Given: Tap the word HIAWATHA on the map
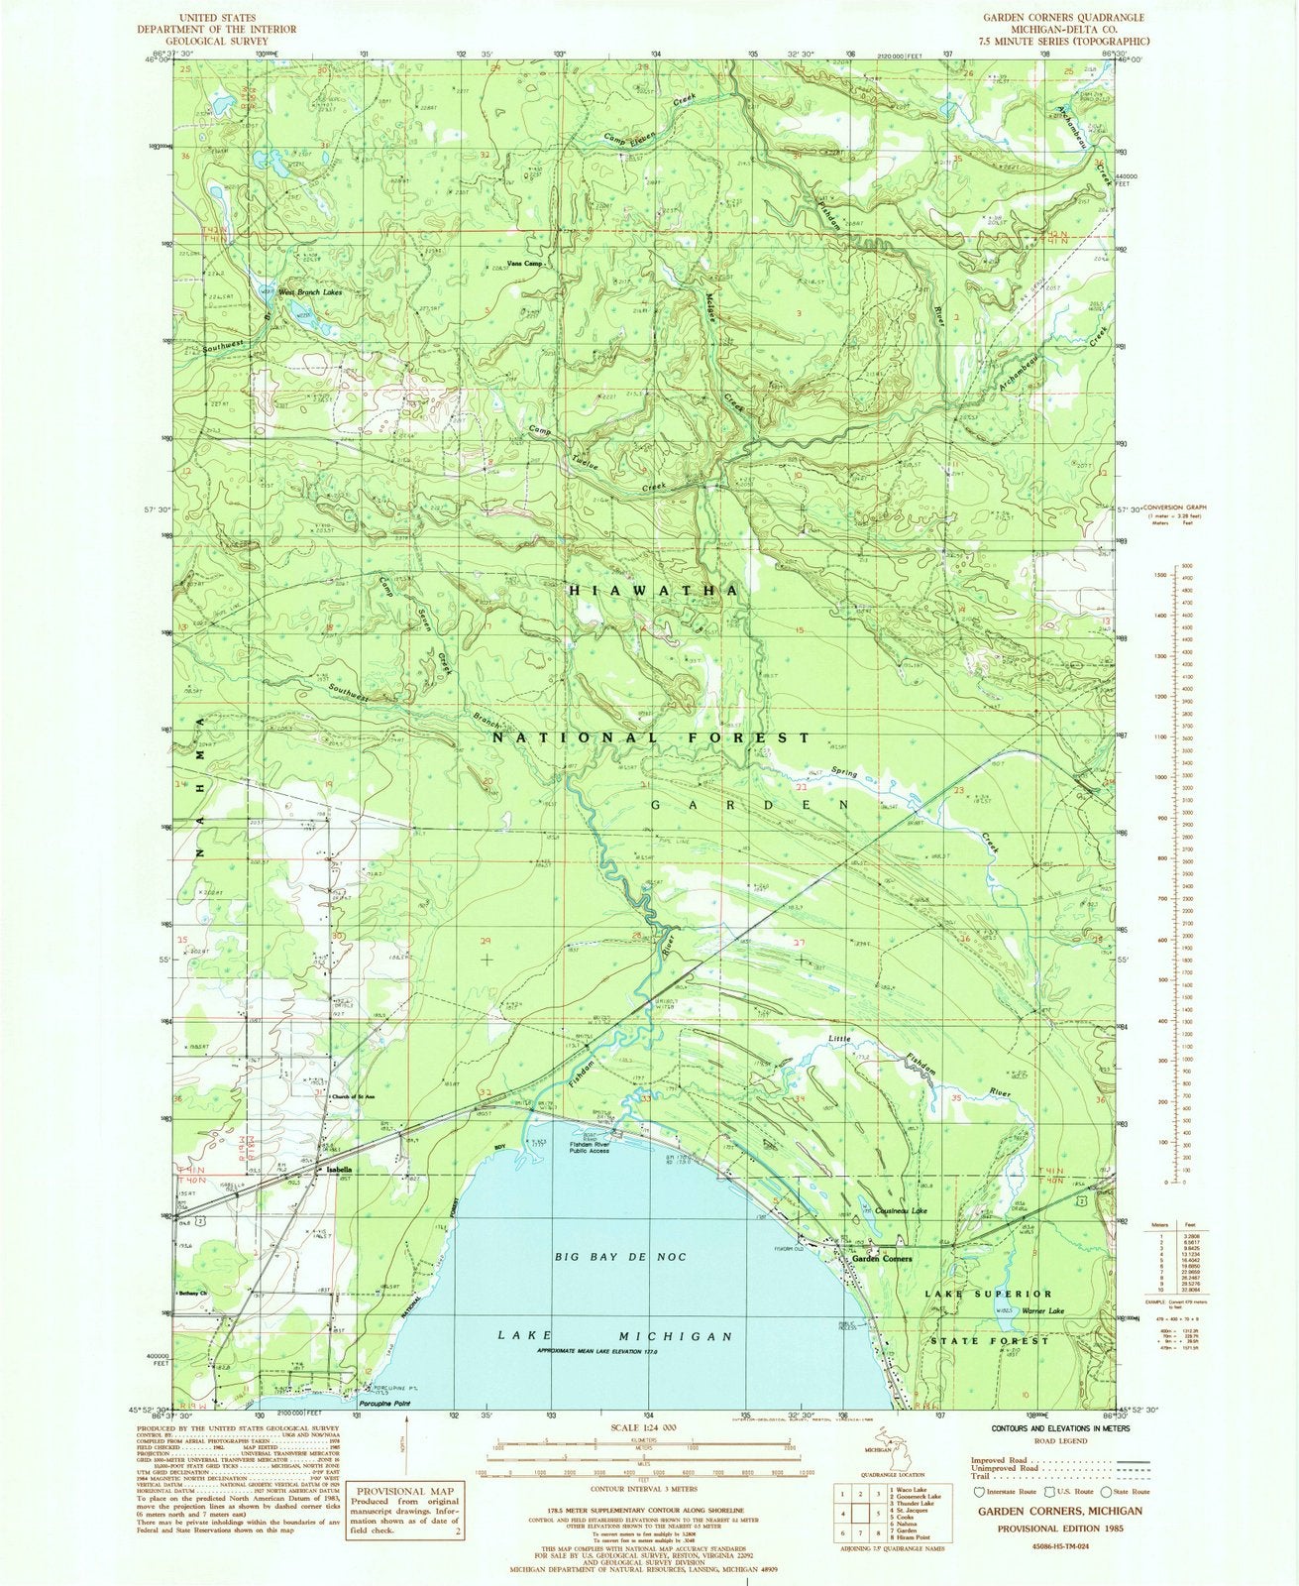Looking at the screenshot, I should [654, 590].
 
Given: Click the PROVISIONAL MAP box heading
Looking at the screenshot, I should [406, 1492].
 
